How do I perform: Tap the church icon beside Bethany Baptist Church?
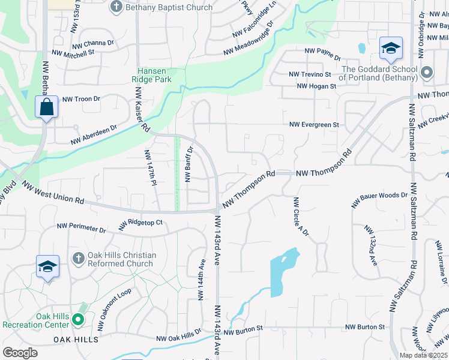116,7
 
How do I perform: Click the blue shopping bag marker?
46,108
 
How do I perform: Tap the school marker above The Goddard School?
390,49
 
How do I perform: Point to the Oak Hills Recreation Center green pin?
77,320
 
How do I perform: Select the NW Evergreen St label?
314,125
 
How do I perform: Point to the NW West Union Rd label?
54,193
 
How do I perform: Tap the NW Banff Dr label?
188,164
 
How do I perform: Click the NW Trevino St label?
310,74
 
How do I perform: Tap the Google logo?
20,352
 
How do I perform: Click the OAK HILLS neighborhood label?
76,340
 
